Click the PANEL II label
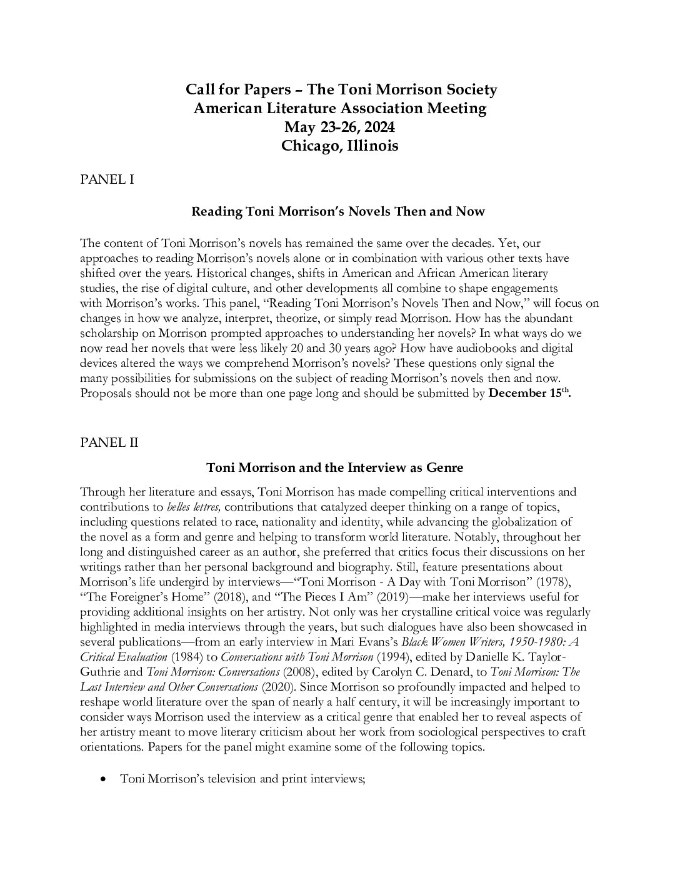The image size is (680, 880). pos(109,442)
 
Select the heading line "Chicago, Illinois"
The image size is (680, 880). pos(339,146)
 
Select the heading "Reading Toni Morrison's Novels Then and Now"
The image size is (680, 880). pos(337,211)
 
